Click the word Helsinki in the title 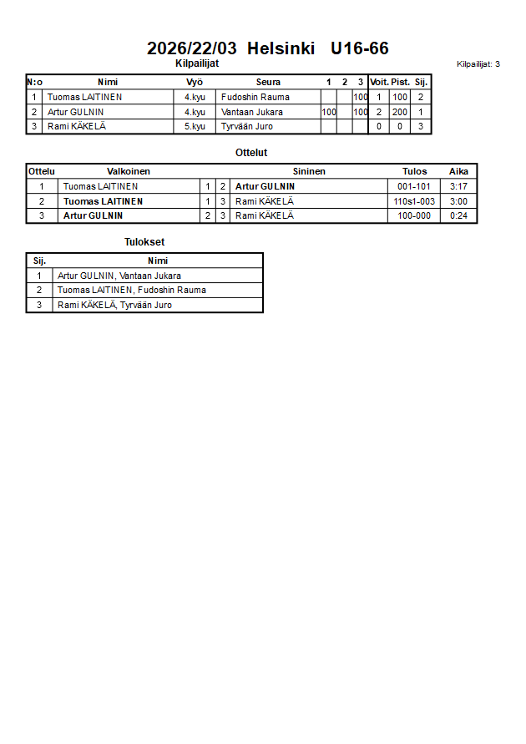281,48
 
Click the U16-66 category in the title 359,48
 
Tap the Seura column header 268,82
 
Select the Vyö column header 195,82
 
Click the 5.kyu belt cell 195,127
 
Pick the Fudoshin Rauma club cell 255,97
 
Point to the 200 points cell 400,112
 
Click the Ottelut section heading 251,153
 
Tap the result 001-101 414,186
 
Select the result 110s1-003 414,201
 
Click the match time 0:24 458,215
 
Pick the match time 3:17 458,186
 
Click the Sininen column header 309,171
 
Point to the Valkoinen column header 129,171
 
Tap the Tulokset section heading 144,242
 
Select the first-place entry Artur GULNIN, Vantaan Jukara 119,276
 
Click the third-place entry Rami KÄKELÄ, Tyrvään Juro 115,306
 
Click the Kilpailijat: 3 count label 478,64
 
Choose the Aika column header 458,171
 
